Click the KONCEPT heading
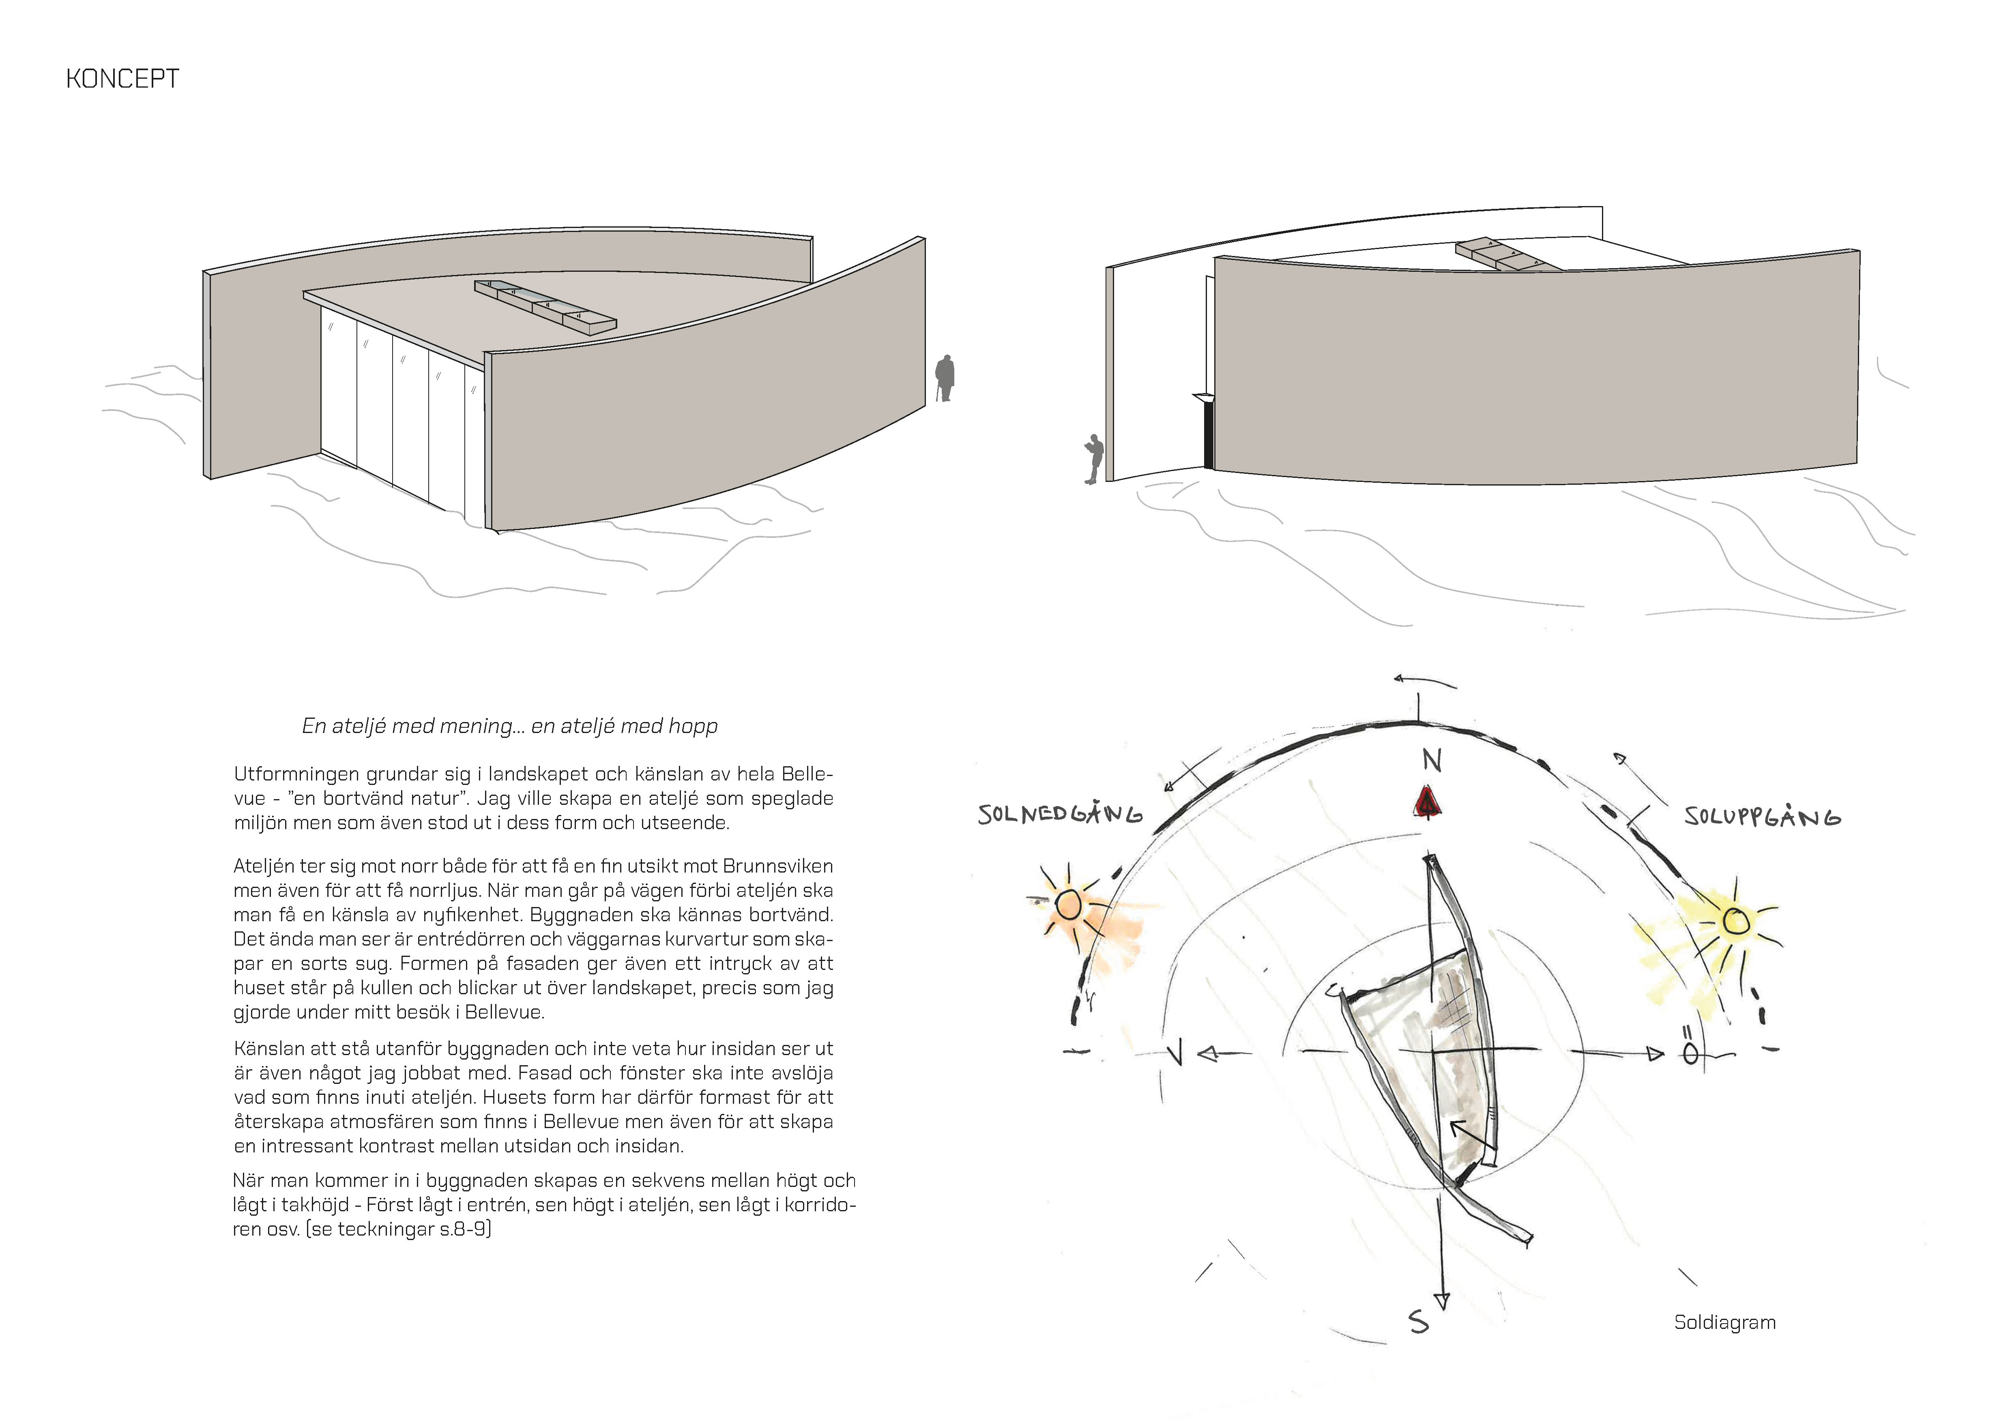click(122, 79)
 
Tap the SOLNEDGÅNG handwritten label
click(1060, 815)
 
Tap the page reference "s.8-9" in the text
click(464, 1230)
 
